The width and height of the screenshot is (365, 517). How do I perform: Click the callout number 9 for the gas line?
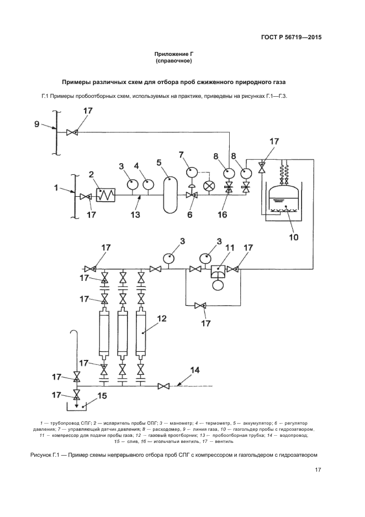[x=36, y=124]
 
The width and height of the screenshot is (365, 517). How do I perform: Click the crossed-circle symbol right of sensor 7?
[x=209, y=186]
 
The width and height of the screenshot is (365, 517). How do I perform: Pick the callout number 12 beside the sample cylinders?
[x=162, y=318]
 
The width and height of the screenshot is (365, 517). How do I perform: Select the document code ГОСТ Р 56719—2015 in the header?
[x=291, y=38]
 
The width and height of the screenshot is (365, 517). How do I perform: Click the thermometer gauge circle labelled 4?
[x=147, y=184]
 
